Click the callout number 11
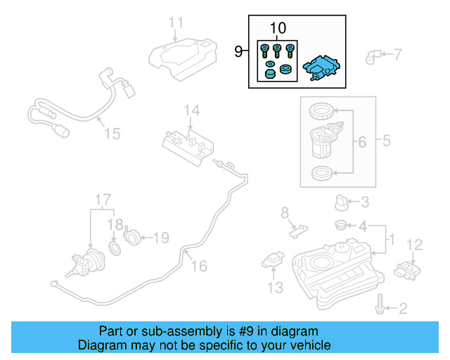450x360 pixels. [x=175, y=22]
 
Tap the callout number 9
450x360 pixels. [x=238, y=51]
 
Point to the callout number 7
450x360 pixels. [x=397, y=53]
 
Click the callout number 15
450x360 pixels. [x=112, y=134]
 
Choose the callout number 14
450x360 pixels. [x=192, y=110]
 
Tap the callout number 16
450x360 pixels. [x=199, y=266]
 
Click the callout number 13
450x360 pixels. [x=274, y=288]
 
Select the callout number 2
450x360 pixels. [x=403, y=307]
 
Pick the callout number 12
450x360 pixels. [x=414, y=245]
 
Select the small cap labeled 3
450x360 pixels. [x=342, y=203]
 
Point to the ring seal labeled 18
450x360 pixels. [x=115, y=250]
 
